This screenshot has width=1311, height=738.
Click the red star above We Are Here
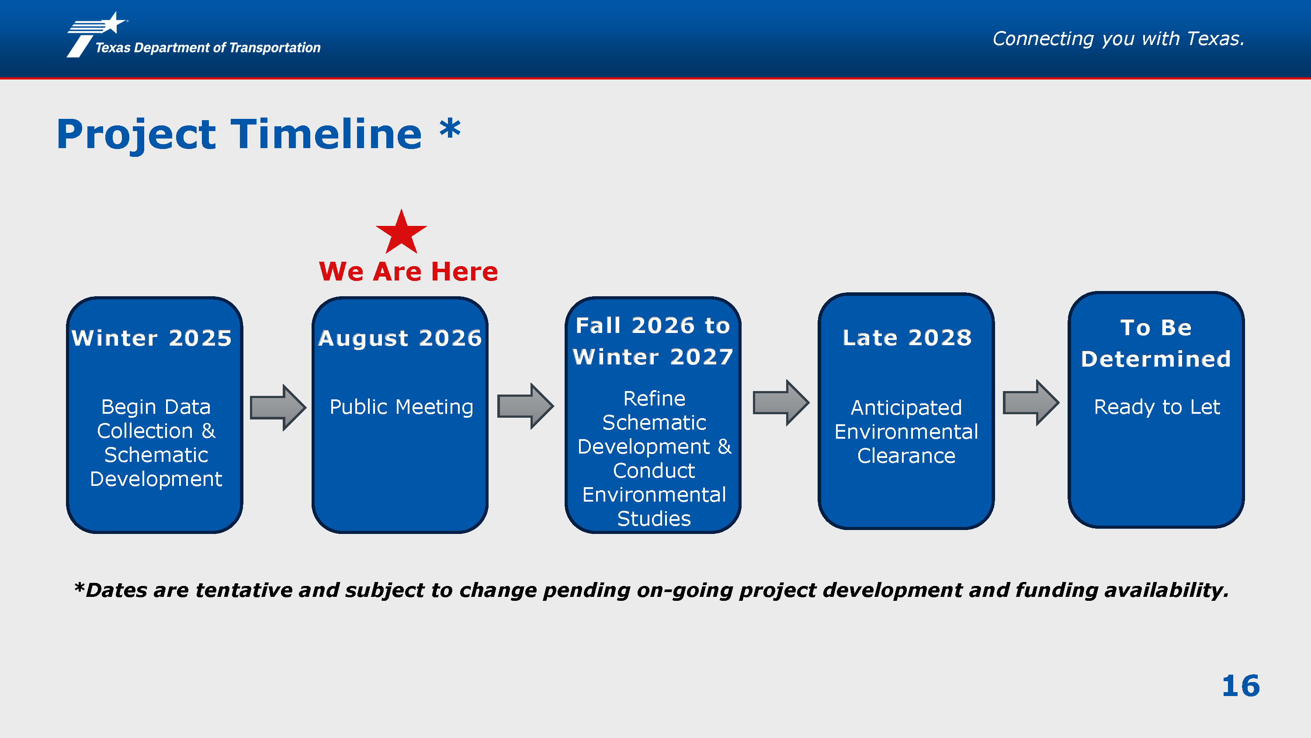(402, 233)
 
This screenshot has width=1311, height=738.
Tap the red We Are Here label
(408, 271)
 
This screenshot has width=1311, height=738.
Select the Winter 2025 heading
(152, 338)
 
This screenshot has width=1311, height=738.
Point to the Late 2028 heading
(907, 337)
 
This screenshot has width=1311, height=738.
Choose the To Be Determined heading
(1156, 343)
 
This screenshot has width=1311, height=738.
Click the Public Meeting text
(402, 407)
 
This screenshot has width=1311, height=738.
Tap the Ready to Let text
(1157, 407)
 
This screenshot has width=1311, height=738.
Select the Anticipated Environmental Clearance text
(906, 432)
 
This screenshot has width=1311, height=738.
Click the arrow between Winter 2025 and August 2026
(278, 408)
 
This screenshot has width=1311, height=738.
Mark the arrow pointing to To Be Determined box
(1031, 402)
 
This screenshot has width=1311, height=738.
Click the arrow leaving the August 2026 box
(526, 406)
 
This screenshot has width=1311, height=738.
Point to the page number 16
(1241, 686)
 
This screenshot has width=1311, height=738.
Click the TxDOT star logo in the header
(97, 35)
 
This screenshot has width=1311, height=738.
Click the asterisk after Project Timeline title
(451, 129)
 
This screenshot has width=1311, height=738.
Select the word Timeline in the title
(326, 134)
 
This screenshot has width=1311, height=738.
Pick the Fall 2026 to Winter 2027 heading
(653, 341)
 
